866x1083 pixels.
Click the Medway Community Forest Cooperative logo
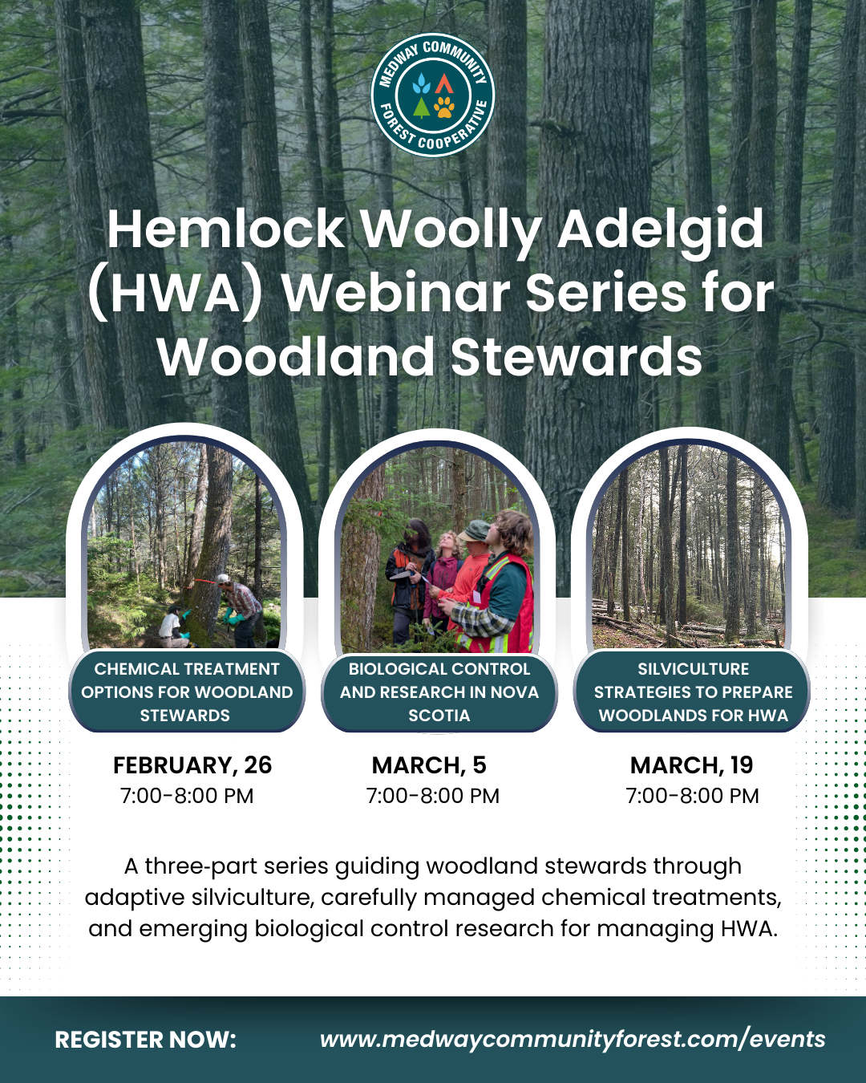point(432,95)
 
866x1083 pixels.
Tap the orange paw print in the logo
point(443,107)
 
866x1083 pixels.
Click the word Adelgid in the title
point(660,229)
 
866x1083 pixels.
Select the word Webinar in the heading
point(396,293)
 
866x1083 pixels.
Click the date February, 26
point(192,765)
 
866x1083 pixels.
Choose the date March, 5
point(429,765)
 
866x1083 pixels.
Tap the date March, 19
point(691,765)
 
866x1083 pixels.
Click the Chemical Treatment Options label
point(187,692)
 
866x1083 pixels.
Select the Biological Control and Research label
point(439,692)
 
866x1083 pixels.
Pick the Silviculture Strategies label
point(693,692)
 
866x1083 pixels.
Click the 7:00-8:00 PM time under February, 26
point(187,796)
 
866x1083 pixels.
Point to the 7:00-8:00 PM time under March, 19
point(692,796)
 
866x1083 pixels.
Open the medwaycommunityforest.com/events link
point(573,1040)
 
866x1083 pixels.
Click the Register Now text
point(146,1040)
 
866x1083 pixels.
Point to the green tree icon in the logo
point(422,107)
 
